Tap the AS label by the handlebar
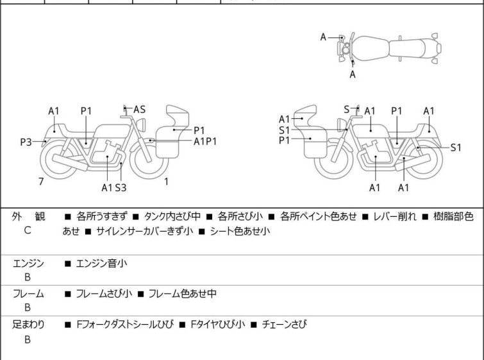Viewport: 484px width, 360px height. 139,110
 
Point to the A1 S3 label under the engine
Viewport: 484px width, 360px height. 113,187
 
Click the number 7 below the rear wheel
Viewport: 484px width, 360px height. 41,182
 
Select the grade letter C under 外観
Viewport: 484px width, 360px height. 28,230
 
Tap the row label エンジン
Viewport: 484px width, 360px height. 28,262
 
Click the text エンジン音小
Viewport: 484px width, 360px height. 102,262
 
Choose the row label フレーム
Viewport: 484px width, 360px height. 28,294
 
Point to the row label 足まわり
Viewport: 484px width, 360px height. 28,325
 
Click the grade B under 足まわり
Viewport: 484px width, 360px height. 28,339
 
